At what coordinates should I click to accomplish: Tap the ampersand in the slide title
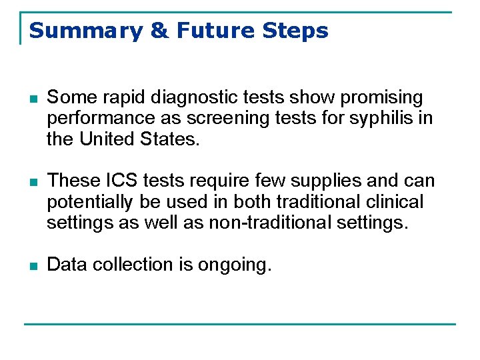[161, 31]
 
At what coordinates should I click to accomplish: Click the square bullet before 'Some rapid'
[35, 99]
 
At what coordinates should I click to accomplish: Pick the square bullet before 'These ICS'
[35, 181]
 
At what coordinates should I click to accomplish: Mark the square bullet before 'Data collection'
[35, 265]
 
